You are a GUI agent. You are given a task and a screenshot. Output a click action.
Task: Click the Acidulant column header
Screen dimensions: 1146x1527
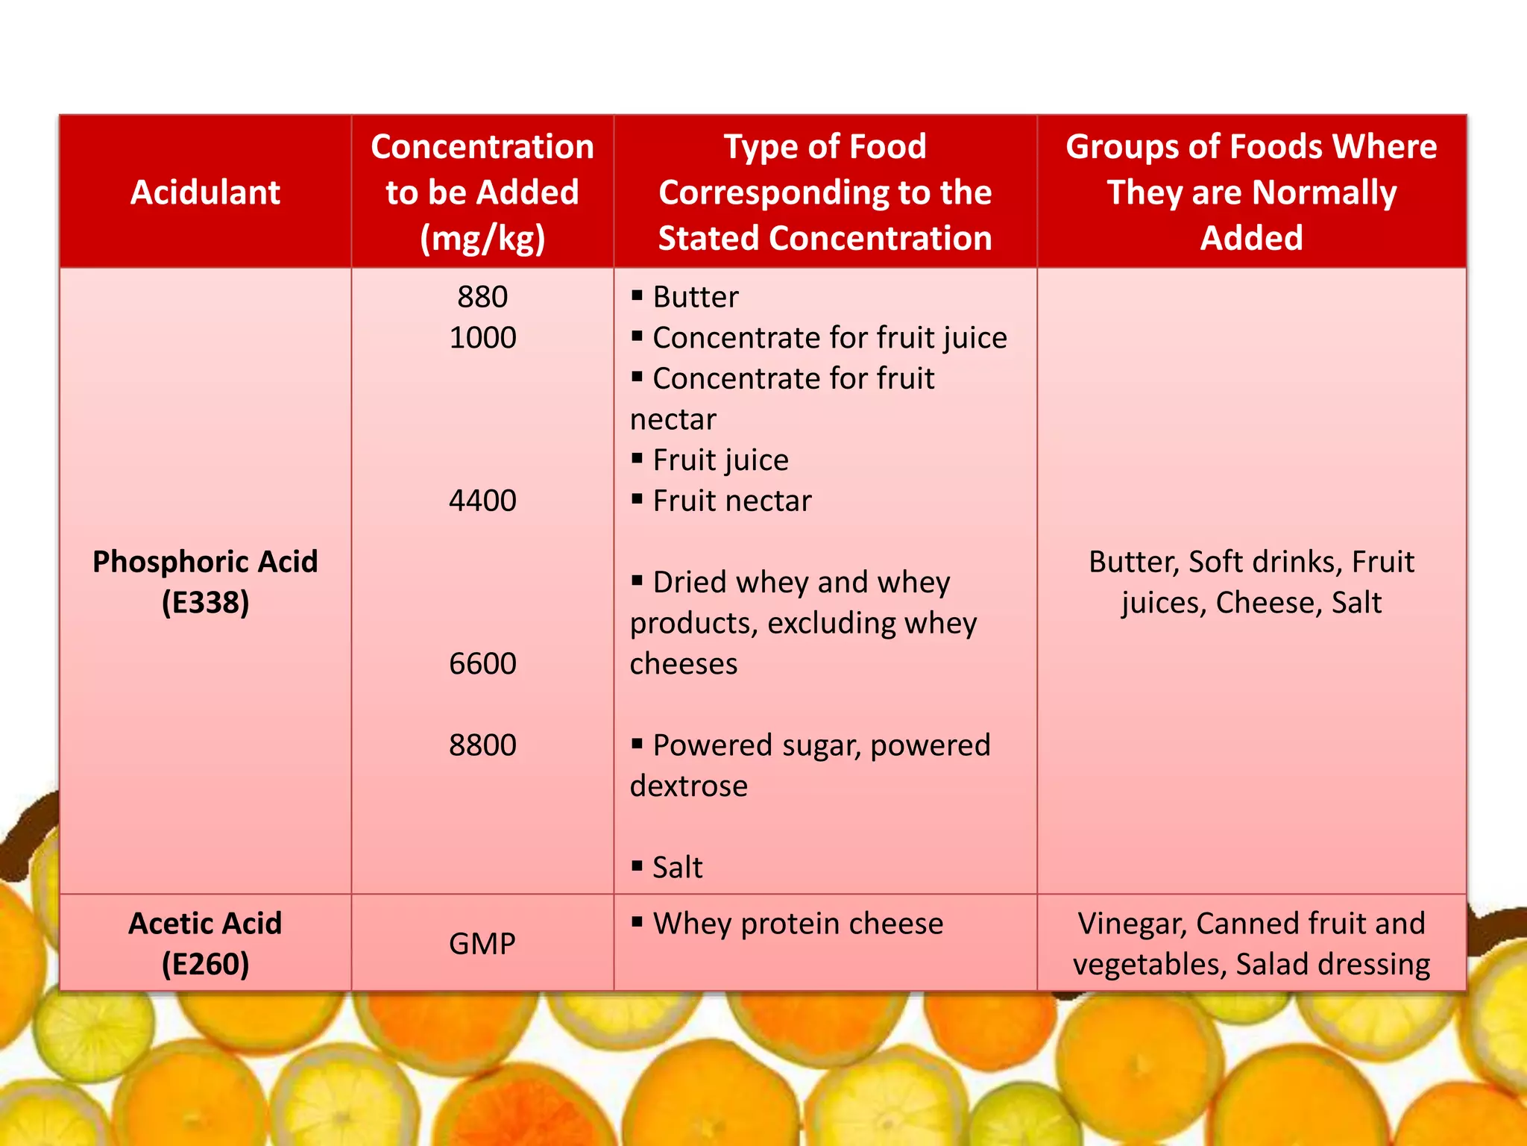205,192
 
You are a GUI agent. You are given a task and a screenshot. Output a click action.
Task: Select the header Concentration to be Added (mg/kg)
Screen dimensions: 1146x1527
482,192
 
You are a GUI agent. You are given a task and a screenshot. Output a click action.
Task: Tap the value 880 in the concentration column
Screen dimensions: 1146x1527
482,297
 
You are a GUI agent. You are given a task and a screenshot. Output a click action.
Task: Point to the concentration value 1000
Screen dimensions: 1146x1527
482,338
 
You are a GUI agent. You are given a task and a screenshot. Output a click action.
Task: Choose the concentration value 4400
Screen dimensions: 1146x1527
482,501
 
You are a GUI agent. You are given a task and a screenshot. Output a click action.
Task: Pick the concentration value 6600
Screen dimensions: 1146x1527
482,663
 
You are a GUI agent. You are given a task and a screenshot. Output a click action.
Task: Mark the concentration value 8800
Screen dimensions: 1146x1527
482,745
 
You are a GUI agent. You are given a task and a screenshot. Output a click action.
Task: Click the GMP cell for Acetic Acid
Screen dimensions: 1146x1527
482,944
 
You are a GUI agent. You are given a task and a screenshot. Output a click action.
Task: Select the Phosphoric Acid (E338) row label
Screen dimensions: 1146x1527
205,581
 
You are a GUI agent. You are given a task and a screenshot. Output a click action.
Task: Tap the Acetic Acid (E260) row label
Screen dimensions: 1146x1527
205,944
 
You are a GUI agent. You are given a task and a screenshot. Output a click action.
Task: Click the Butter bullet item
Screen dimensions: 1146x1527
695,297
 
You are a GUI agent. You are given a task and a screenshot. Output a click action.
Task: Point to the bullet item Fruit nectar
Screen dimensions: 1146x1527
731,501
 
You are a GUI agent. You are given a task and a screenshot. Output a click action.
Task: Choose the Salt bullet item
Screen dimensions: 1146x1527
677,868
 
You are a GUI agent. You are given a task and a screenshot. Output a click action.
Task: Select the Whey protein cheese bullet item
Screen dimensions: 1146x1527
798,924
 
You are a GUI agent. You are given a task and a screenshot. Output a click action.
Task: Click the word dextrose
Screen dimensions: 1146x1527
688,786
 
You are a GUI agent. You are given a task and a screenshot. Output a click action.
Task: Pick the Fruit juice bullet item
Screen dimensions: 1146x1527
720,460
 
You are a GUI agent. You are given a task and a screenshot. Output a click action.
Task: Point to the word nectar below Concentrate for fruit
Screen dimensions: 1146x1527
673,419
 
